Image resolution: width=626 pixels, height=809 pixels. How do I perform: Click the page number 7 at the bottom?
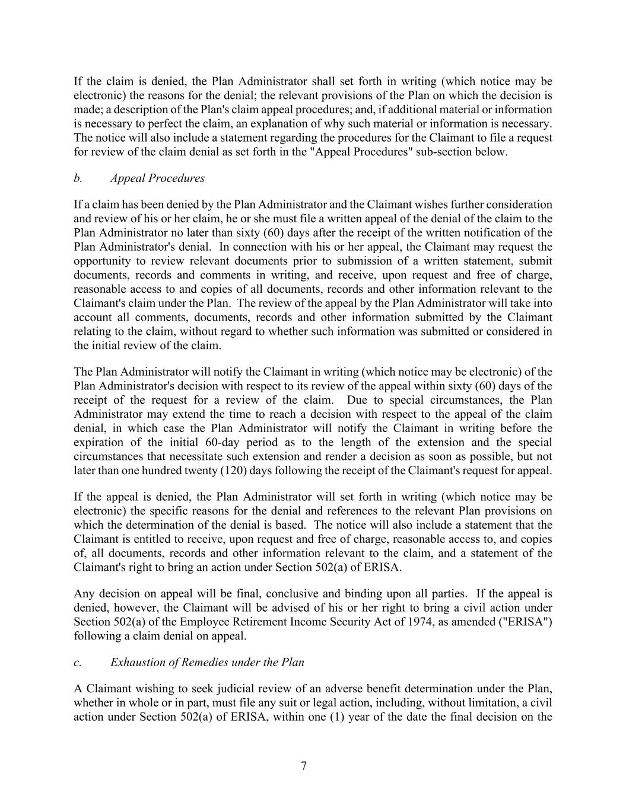pos(304,766)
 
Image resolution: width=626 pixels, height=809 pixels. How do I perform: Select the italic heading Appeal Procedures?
pos(157,178)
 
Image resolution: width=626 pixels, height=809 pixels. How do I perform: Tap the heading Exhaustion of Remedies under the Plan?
pos(207,663)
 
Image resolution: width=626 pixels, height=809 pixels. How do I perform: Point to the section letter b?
pos(78,178)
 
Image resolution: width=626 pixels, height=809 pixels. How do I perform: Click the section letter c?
pos(77,663)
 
